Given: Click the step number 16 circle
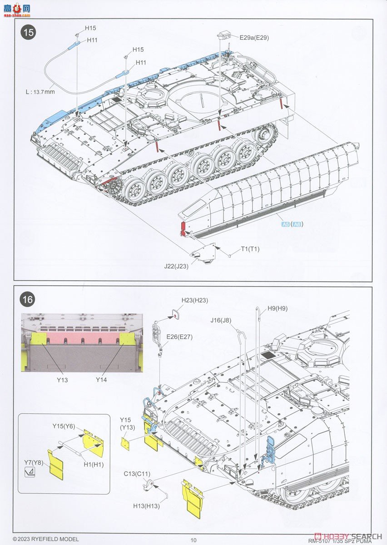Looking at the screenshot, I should (28, 300).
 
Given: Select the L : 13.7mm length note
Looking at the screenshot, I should (40, 91).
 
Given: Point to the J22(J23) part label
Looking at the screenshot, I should (176, 266).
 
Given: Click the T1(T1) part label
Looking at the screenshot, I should (250, 249).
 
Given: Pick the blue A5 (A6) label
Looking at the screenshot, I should (292, 224).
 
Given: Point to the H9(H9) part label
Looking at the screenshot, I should (278, 308).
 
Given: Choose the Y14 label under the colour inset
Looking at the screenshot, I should (101, 380).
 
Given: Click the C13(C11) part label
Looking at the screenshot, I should (137, 474).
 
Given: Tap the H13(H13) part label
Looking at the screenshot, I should (146, 506).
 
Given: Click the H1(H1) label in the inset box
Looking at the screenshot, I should (94, 465).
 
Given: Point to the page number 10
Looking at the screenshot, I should (193, 540).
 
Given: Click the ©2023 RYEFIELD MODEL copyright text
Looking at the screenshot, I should (45, 539).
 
